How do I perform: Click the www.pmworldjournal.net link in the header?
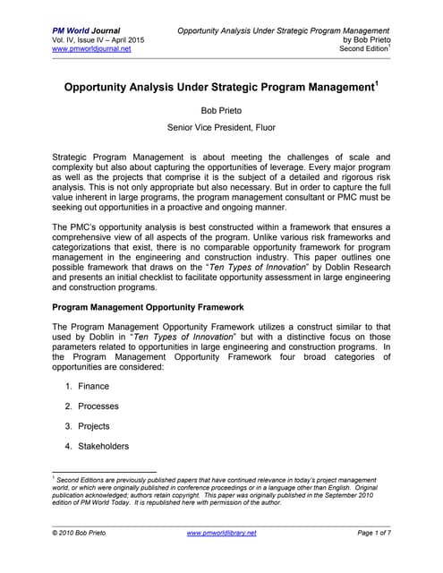pos(93,49)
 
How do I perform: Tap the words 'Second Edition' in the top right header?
pos(362,49)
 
